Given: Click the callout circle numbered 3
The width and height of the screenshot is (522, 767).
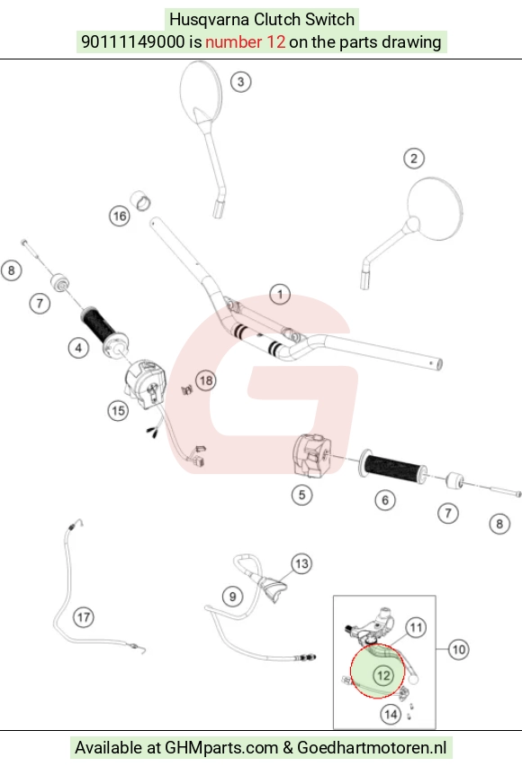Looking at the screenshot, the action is (x=240, y=82).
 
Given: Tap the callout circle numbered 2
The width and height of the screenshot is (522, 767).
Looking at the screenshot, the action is (x=414, y=159).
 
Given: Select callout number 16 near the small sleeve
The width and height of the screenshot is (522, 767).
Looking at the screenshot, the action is (x=120, y=216).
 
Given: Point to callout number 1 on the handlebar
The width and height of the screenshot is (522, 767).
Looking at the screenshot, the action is (x=280, y=295).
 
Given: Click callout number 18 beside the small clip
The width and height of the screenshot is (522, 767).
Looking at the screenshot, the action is (x=206, y=380).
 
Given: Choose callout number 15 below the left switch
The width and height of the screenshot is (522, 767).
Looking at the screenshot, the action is (x=118, y=410).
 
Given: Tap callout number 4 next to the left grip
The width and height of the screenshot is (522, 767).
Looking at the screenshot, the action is (x=78, y=348).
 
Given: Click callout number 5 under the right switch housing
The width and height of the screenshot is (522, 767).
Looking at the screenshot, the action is (x=301, y=495).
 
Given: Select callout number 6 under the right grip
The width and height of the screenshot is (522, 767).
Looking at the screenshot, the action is (x=385, y=500).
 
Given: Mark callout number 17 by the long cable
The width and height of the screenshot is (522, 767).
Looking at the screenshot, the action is (x=84, y=617).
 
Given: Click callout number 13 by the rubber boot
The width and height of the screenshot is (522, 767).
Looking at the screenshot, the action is (x=301, y=563).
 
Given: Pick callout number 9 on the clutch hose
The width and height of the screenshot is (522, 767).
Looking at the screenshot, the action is (x=232, y=597).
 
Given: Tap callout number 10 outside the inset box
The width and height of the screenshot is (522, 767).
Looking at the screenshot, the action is (x=458, y=650).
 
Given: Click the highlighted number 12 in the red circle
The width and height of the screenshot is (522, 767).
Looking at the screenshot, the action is (x=383, y=676).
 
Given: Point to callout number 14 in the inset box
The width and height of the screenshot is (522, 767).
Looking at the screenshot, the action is (x=391, y=714).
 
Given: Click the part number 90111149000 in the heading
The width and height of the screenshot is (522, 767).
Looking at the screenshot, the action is (x=133, y=42).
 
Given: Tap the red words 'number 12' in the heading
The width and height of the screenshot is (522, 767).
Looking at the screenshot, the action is (x=245, y=42).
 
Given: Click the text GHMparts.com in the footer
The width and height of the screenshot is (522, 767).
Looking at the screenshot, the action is (x=221, y=747).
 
